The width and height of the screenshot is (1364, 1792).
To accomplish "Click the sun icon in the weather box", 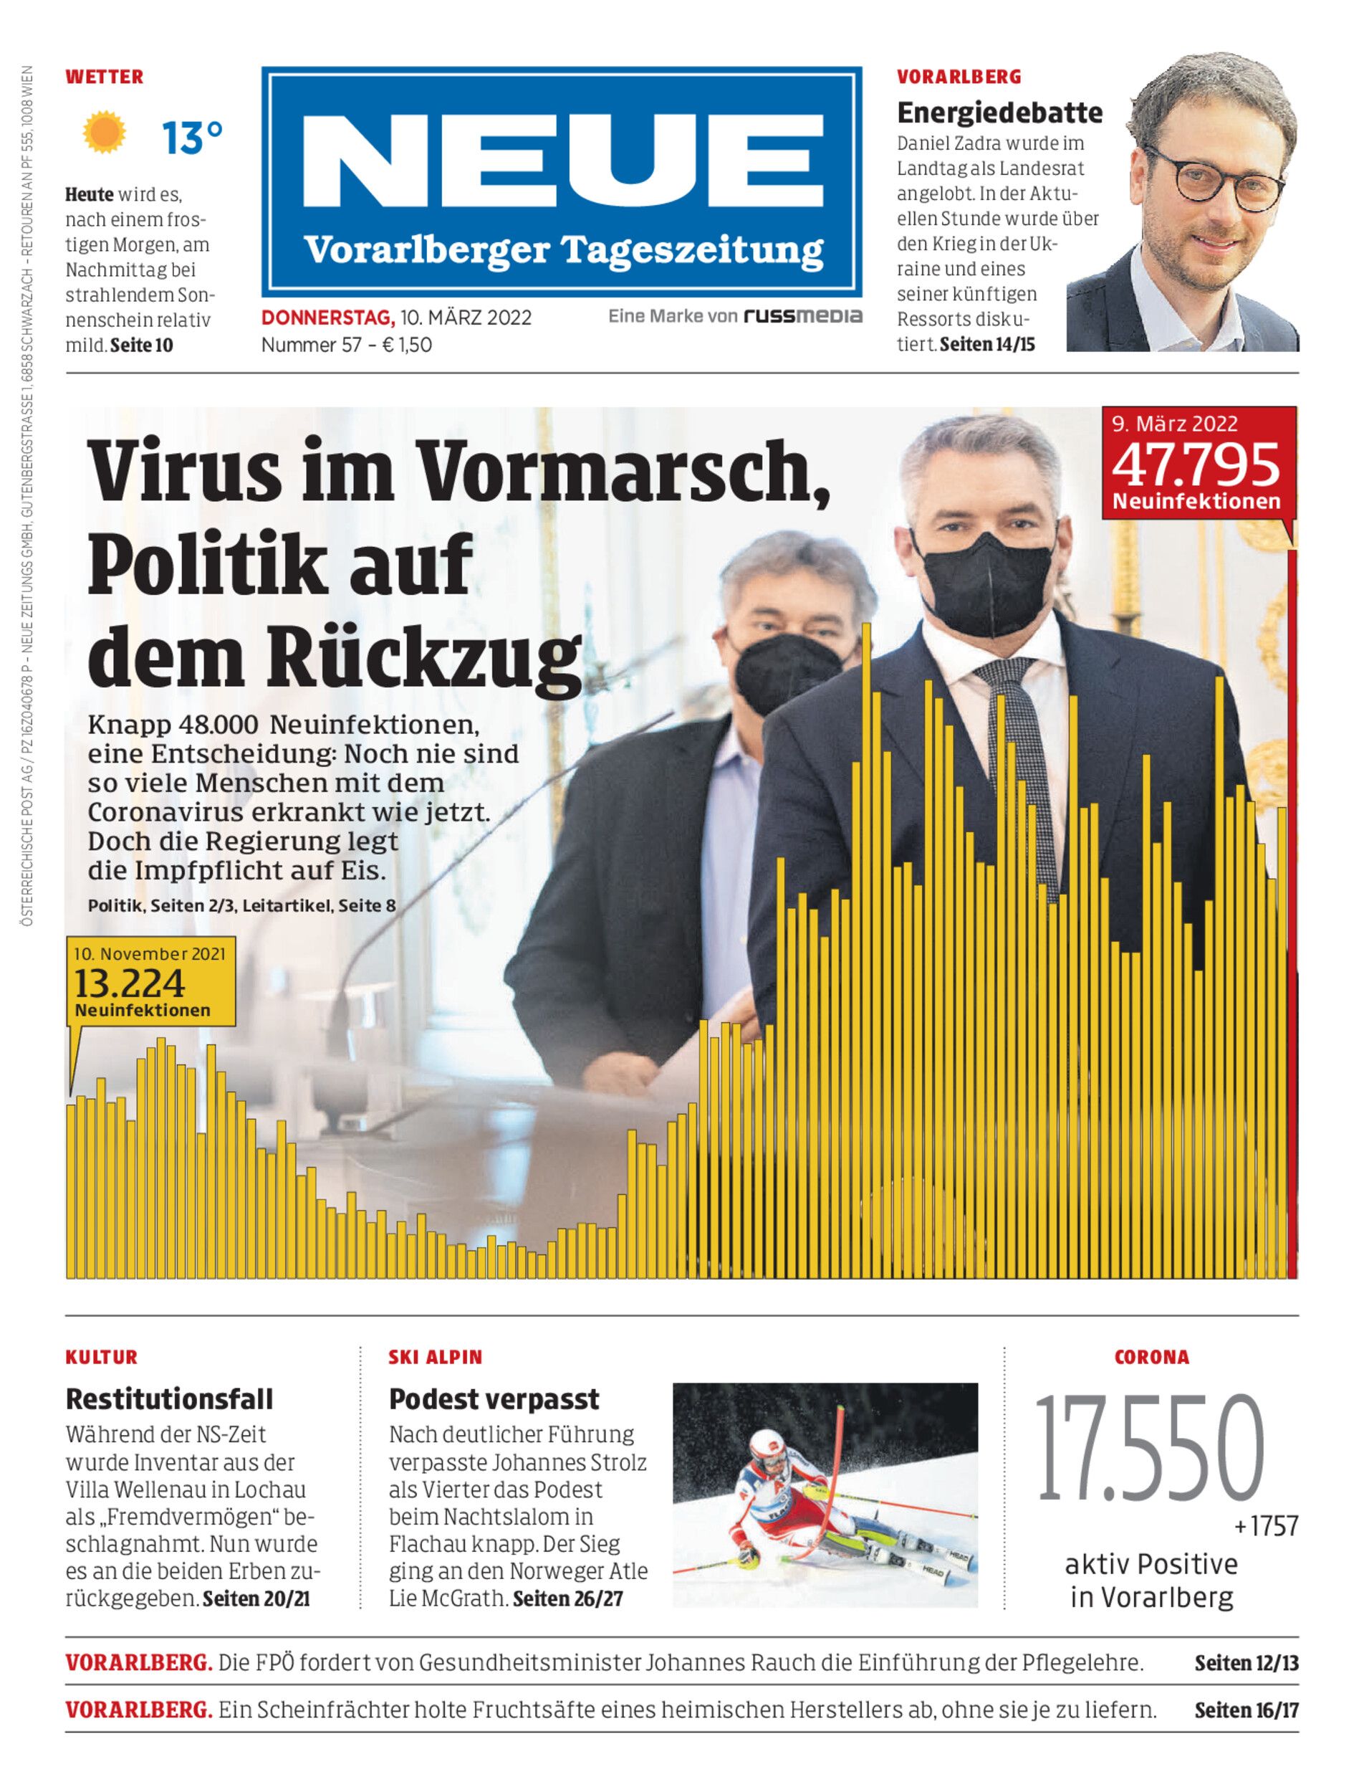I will pos(105,133).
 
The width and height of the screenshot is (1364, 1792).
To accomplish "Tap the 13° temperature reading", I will pos(191,138).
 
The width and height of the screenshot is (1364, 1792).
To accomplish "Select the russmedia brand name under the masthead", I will pos(803,316).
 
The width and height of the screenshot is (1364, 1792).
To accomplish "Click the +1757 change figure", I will pos(1266,1526).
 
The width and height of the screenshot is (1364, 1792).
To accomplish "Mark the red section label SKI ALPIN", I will pos(435,1358).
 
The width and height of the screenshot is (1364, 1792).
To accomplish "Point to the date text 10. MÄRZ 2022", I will pos(465,318).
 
